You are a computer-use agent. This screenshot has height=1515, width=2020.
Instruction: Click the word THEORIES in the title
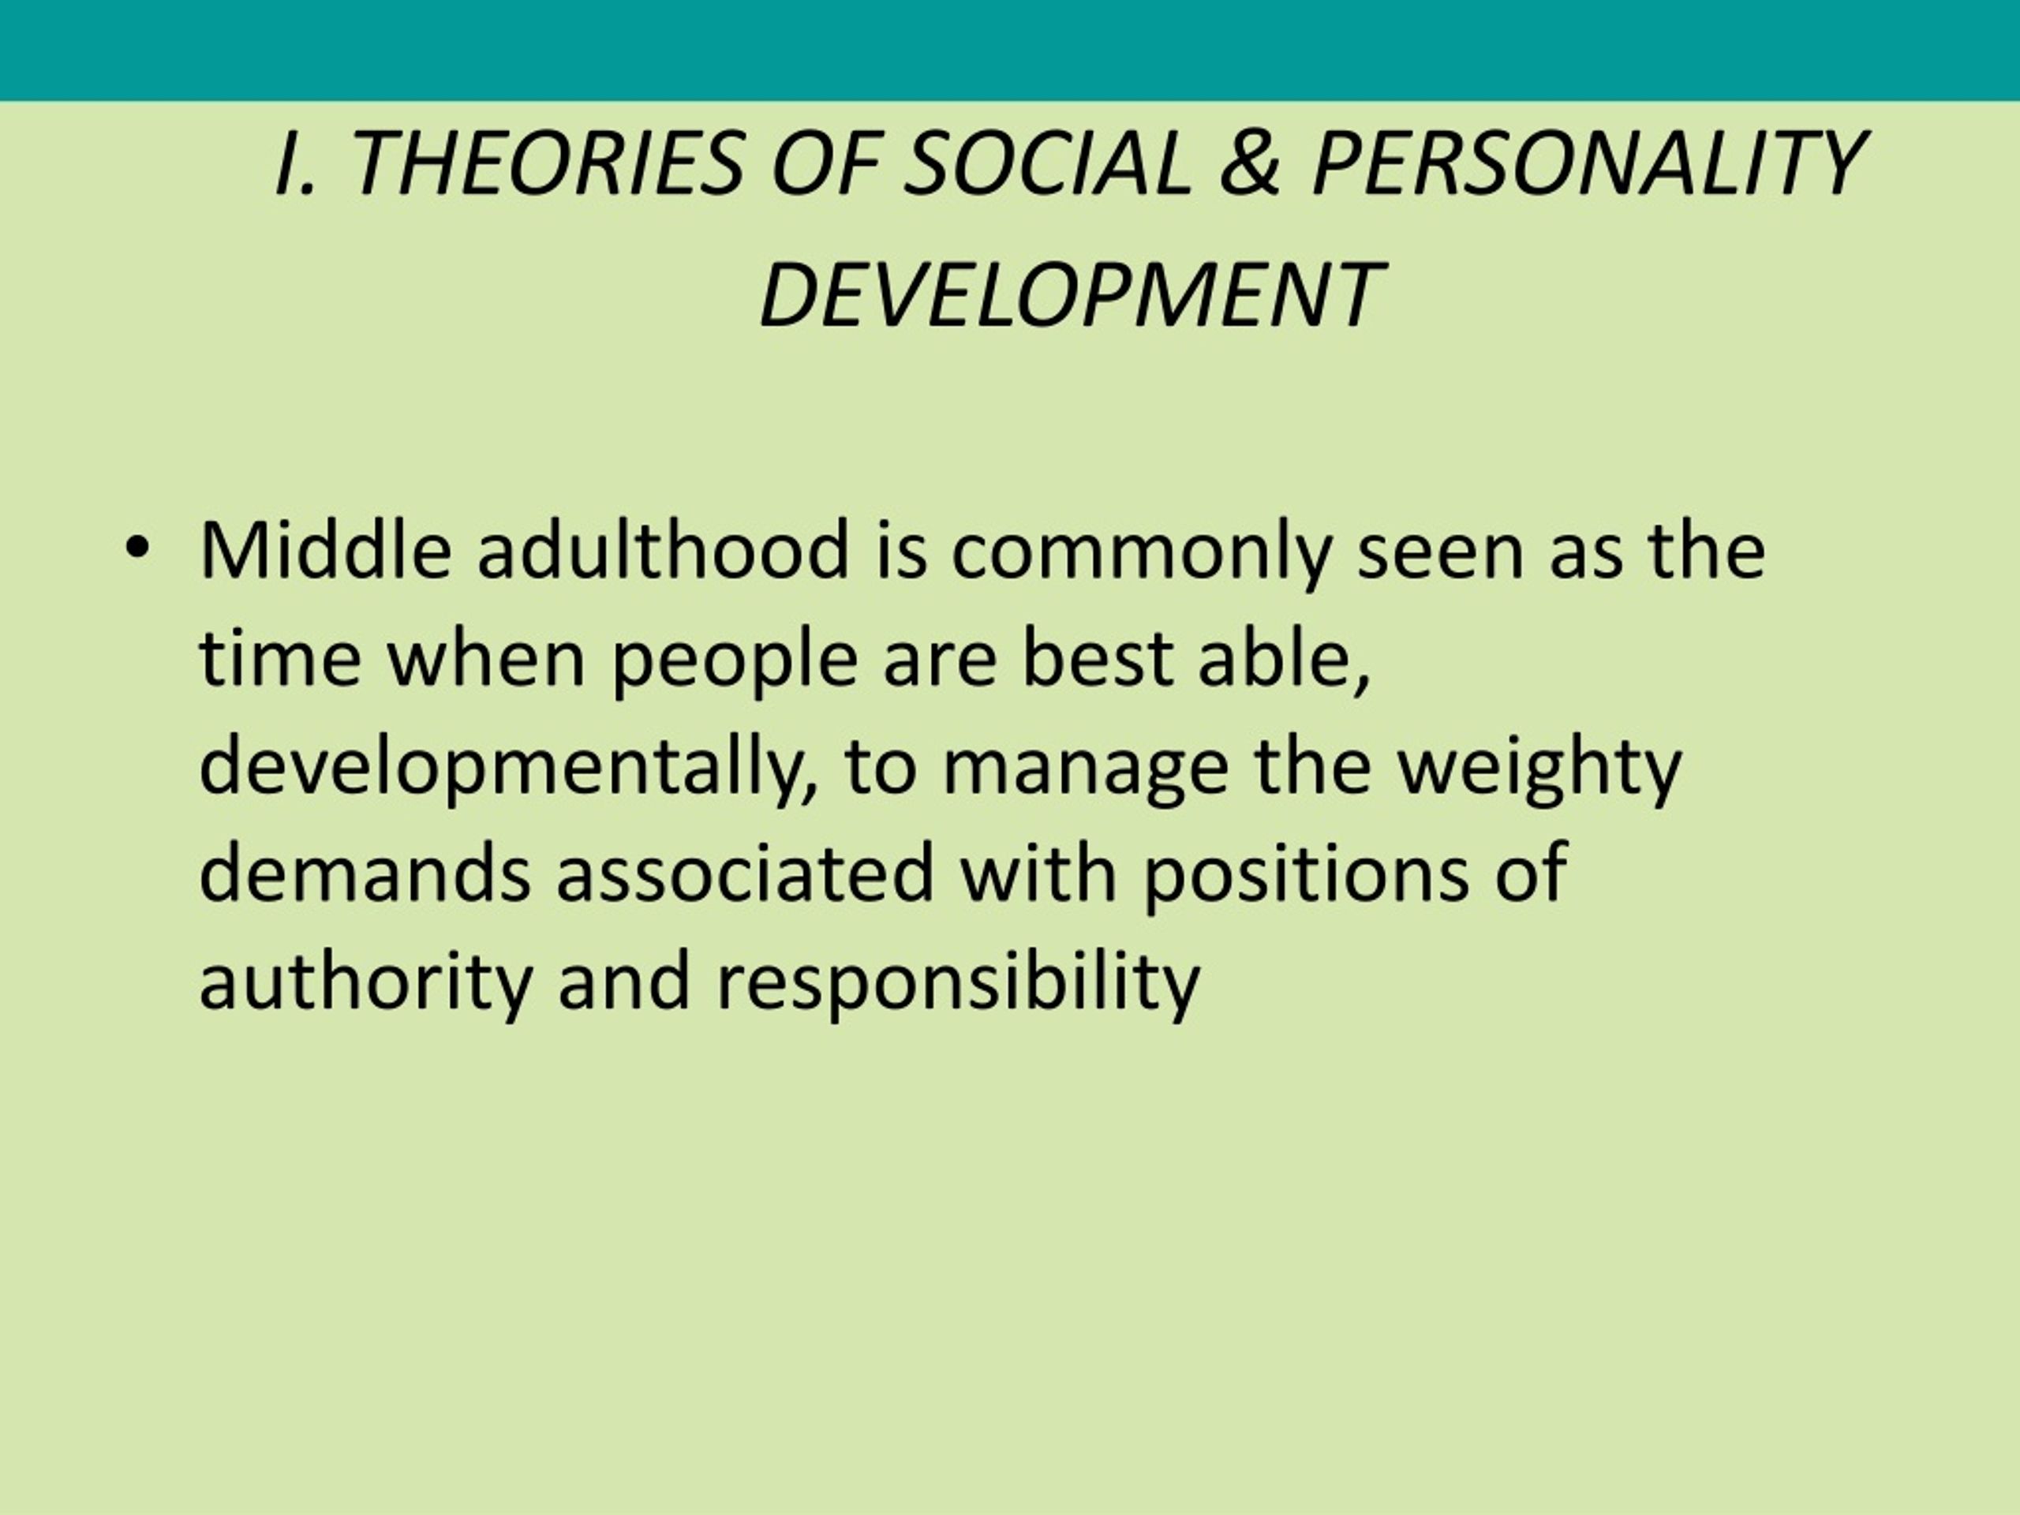(x=547, y=163)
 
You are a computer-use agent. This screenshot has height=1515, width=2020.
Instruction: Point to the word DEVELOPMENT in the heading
(x=1070, y=294)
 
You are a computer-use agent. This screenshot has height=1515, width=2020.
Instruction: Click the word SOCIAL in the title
(x=1046, y=163)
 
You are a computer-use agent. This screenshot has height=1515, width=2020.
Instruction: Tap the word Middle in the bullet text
(x=325, y=550)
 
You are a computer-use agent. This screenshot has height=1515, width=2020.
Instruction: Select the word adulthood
(x=664, y=550)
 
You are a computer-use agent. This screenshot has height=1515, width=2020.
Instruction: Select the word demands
(x=365, y=872)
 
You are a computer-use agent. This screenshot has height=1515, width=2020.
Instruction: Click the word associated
(x=746, y=872)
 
